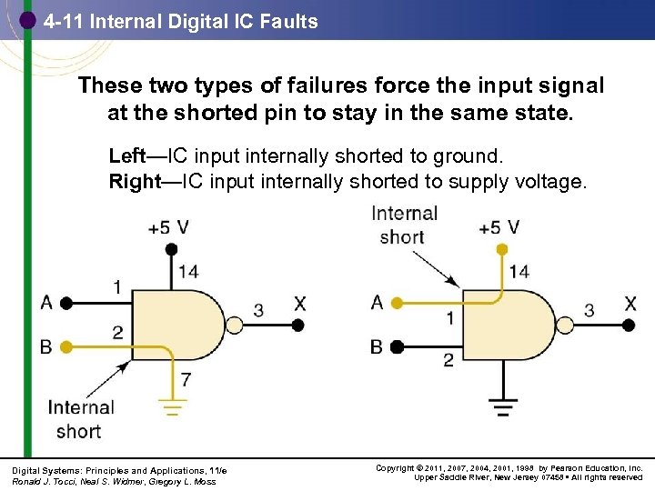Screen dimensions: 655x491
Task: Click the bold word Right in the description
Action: (134, 181)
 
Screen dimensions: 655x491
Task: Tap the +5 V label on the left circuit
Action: (169, 226)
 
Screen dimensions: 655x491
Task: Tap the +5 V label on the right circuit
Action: (499, 226)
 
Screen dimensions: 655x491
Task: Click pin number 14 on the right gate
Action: (519, 271)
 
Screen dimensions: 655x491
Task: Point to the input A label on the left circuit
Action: (46, 302)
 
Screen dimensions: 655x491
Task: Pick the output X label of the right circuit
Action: (630, 303)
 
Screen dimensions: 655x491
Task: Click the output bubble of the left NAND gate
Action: (235, 325)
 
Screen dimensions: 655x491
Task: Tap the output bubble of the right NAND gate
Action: (565, 325)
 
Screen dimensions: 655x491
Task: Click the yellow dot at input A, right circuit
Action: (397, 303)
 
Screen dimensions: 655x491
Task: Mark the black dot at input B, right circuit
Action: (397, 346)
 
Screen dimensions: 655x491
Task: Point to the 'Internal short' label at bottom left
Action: (80, 419)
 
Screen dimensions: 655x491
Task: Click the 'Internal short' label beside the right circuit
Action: (404, 225)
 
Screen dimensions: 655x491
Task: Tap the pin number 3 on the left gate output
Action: (258, 311)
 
